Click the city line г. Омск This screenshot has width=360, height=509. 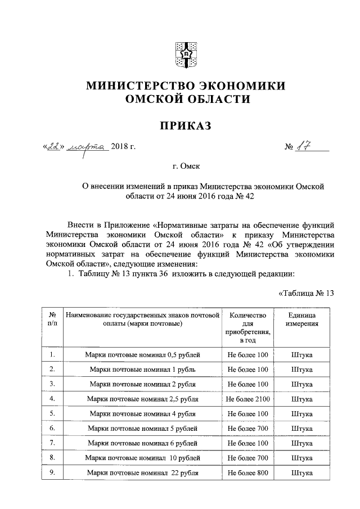point(185,166)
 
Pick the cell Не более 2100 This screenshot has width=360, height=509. point(248,399)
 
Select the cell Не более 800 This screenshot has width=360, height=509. point(248,472)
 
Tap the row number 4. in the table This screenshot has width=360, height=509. point(52,399)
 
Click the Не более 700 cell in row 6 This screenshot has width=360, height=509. point(248,428)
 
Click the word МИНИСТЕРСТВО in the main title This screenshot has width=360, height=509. point(136,86)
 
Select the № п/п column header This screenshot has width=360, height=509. point(52,320)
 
